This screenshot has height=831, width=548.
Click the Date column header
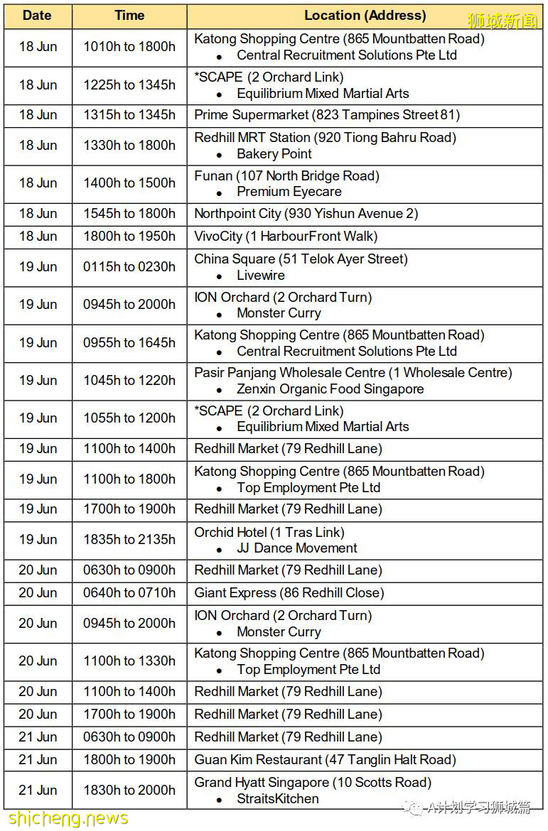(37, 16)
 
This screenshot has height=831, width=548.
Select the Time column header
(129, 16)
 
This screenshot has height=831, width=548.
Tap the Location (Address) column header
(365, 16)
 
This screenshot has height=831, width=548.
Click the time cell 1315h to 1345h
(129, 115)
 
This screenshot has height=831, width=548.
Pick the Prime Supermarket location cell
(327, 115)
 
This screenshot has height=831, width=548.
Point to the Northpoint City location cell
(306, 214)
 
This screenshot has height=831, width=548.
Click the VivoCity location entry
(286, 237)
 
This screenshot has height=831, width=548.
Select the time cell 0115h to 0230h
(129, 267)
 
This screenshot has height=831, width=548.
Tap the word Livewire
(261, 276)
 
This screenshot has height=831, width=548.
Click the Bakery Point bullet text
(274, 154)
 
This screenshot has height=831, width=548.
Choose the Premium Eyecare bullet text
(289, 192)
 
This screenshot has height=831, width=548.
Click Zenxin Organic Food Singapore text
(331, 389)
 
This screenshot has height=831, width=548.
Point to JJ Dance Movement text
(297, 548)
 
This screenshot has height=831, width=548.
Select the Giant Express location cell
(289, 593)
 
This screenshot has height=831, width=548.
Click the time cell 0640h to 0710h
(129, 593)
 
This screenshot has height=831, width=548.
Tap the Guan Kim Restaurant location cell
(325, 760)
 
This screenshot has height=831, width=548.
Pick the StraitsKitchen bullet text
(278, 799)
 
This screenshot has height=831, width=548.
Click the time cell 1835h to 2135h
(129, 540)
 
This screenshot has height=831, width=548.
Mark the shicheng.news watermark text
(65, 819)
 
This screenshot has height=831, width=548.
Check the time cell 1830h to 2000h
(129, 791)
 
